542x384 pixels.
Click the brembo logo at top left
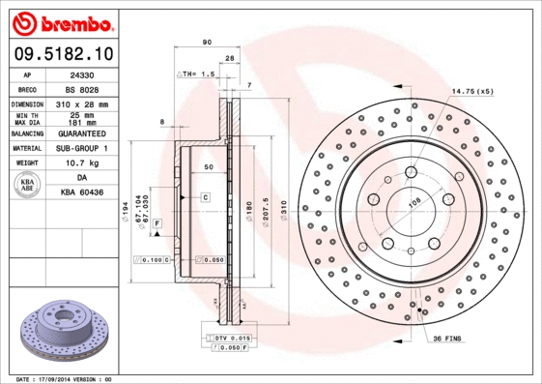(62, 21)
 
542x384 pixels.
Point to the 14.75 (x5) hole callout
(472, 91)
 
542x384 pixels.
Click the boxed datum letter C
(206, 197)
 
